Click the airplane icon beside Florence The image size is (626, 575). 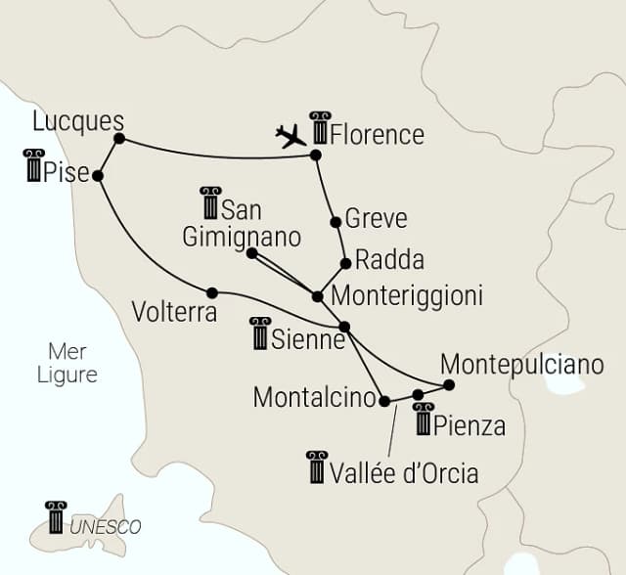[291, 136]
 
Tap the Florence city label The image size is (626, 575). [378, 134]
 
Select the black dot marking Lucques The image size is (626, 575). [119, 139]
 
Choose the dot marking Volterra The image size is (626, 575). [211, 291]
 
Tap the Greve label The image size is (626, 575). [376, 218]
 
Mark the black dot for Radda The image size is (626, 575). [345, 263]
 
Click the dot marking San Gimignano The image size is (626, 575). [251, 253]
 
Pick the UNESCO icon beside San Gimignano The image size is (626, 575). [209, 202]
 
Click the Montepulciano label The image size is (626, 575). [522, 364]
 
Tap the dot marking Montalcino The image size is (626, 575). [383, 401]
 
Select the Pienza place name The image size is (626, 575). [472, 426]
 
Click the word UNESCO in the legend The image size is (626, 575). [106, 527]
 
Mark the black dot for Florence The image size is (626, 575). [315, 155]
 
